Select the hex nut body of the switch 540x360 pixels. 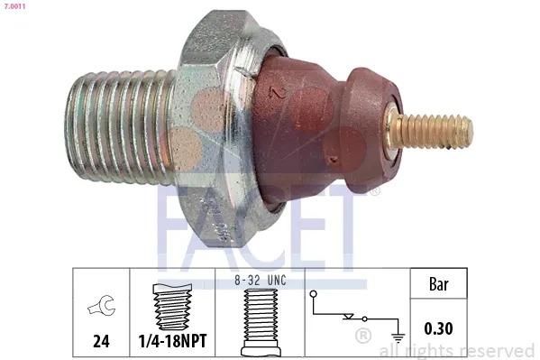click(x=211, y=117)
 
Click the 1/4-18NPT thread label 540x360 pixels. click(x=171, y=343)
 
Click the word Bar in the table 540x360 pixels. click(x=437, y=286)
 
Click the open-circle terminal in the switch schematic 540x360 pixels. click(x=314, y=294)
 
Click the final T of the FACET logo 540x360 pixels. click(x=355, y=221)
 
